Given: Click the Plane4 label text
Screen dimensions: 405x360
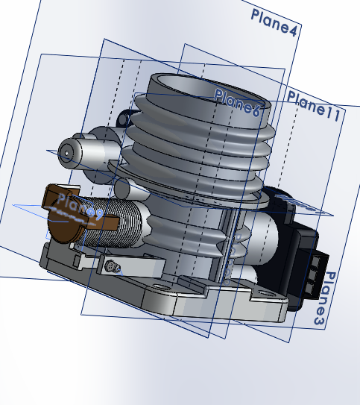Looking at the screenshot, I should [x=275, y=22].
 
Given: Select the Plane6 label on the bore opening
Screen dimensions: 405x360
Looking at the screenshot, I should [x=236, y=103].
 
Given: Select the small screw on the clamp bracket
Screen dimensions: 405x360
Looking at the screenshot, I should [x=111, y=266].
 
